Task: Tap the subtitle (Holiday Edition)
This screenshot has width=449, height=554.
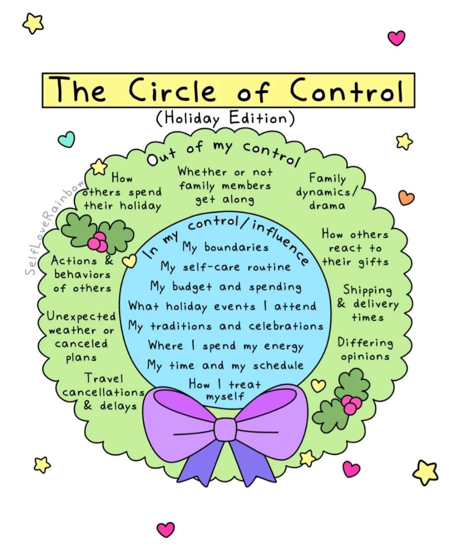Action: click(x=225, y=118)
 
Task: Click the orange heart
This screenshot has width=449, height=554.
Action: click(x=406, y=198)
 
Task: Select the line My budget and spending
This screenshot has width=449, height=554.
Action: click(x=225, y=287)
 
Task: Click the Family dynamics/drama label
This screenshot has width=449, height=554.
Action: click(x=327, y=192)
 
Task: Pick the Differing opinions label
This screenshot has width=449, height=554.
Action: click(x=365, y=349)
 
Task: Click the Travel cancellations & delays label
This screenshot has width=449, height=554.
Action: click(x=103, y=393)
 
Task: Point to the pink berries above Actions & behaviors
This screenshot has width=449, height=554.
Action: click(x=98, y=242)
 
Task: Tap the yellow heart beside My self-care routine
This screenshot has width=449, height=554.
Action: click(x=129, y=261)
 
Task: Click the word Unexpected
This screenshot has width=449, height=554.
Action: click(x=82, y=317)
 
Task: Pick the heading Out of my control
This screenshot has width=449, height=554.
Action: click(x=224, y=154)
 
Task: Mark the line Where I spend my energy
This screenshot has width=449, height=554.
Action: click(x=225, y=346)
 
